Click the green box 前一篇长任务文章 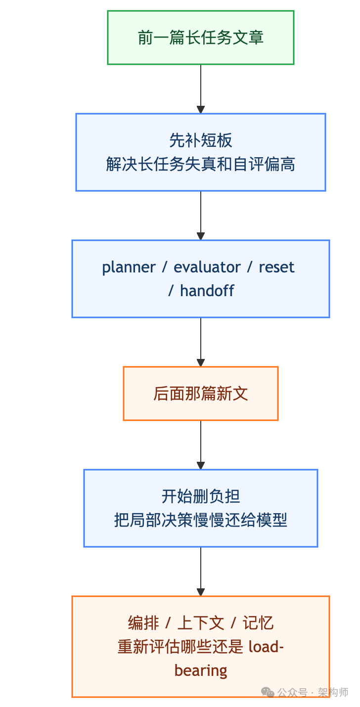pyautogui.click(x=200, y=38)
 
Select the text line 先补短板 pyautogui.click(x=200, y=140)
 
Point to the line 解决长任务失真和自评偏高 pyautogui.click(x=200, y=164)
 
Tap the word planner pyautogui.click(x=129, y=267)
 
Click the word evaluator pyautogui.click(x=207, y=267)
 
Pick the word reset pyautogui.click(x=276, y=267)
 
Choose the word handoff pyautogui.click(x=207, y=291)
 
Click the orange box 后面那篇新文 pyautogui.click(x=200, y=394)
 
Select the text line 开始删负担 pyautogui.click(x=200, y=496)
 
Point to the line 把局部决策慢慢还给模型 pyautogui.click(x=200, y=520)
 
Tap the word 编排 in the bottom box pyautogui.click(x=143, y=623)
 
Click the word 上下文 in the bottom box pyautogui.click(x=200, y=623)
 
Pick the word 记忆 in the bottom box pyautogui.click(x=258, y=623)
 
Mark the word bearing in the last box pyautogui.click(x=201, y=670)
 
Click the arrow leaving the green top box pyautogui.click(x=200, y=89)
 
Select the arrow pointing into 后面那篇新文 pyautogui.click(x=200, y=342)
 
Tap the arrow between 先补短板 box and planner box pyautogui.click(x=200, y=216)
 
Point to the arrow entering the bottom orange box pyautogui.click(x=200, y=572)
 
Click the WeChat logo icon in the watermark pyautogui.click(x=268, y=692)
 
